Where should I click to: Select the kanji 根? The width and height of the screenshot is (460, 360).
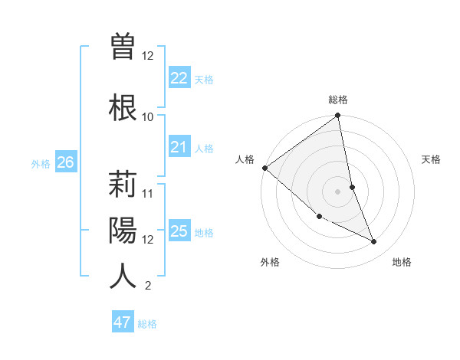coord(123,107)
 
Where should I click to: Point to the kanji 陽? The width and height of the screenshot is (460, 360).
coord(123,231)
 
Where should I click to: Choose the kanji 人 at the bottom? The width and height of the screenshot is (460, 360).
coord(123,276)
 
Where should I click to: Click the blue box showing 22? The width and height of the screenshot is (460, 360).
coord(179,77)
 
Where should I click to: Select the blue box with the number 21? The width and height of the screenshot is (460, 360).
coord(179,146)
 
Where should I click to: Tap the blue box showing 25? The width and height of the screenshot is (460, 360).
coord(179,231)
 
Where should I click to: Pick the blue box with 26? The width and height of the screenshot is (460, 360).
coord(65,162)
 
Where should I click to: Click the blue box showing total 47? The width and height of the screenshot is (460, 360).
coord(122,322)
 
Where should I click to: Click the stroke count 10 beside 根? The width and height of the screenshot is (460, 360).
coord(148,116)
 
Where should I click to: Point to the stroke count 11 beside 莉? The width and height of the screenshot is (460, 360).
coord(148,193)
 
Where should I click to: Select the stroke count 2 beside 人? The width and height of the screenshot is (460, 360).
coord(147,286)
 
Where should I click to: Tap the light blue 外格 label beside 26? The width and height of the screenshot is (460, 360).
coord(40,163)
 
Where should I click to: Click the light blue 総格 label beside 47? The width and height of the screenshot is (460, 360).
coord(147,324)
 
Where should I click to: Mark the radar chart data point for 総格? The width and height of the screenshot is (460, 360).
coord(337,116)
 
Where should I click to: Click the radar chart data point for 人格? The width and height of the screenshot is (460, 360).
coord(264,168)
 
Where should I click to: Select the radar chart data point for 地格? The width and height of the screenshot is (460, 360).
coord(374,242)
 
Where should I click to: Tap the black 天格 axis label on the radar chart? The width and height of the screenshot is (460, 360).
coord(432,159)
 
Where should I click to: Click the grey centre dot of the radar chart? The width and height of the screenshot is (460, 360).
coord(337,191)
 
